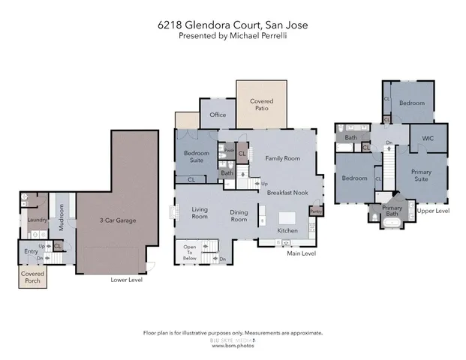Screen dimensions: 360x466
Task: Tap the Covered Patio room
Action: (x=261, y=104)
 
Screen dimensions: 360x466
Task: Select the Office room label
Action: (x=218, y=115)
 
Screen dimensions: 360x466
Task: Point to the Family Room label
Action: (x=282, y=158)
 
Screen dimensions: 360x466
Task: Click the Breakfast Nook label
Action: (x=288, y=193)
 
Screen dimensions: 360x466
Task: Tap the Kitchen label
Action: (x=287, y=230)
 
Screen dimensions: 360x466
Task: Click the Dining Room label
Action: (x=239, y=216)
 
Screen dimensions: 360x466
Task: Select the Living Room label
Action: (x=199, y=213)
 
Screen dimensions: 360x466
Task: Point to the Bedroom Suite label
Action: (x=196, y=157)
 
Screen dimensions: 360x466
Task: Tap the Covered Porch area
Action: (x=32, y=277)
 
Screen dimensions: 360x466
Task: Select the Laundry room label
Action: (x=37, y=220)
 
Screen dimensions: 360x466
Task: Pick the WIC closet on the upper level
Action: (x=428, y=138)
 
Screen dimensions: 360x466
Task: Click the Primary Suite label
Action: (x=421, y=175)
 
